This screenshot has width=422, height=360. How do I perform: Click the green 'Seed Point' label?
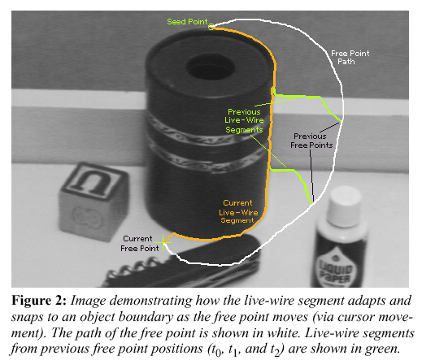pyautogui.click(x=187, y=22)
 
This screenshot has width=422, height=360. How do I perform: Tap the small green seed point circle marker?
pyautogui.click(x=211, y=27)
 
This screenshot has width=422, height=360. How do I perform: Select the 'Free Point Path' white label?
pyautogui.click(x=350, y=57)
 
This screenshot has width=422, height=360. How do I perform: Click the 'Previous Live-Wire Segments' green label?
pyautogui.click(x=244, y=121)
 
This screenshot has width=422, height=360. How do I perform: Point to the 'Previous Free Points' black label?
pyautogui.click(x=311, y=141)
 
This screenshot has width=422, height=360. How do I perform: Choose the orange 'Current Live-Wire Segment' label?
pyautogui.click(x=238, y=211)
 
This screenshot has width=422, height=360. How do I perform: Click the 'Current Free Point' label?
pyautogui.click(x=140, y=243)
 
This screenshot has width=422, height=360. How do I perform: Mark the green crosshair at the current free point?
pyautogui.click(x=163, y=242)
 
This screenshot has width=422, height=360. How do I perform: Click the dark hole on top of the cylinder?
pyautogui.click(x=211, y=67)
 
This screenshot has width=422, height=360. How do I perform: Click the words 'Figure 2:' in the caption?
pyautogui.click(x=39, y=301)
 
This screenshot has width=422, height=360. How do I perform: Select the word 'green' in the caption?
pyautogui.click(x=382, y=349)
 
